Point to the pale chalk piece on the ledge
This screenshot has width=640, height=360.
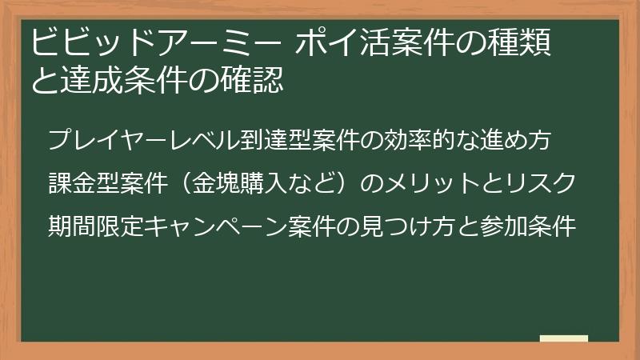(564, 338)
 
